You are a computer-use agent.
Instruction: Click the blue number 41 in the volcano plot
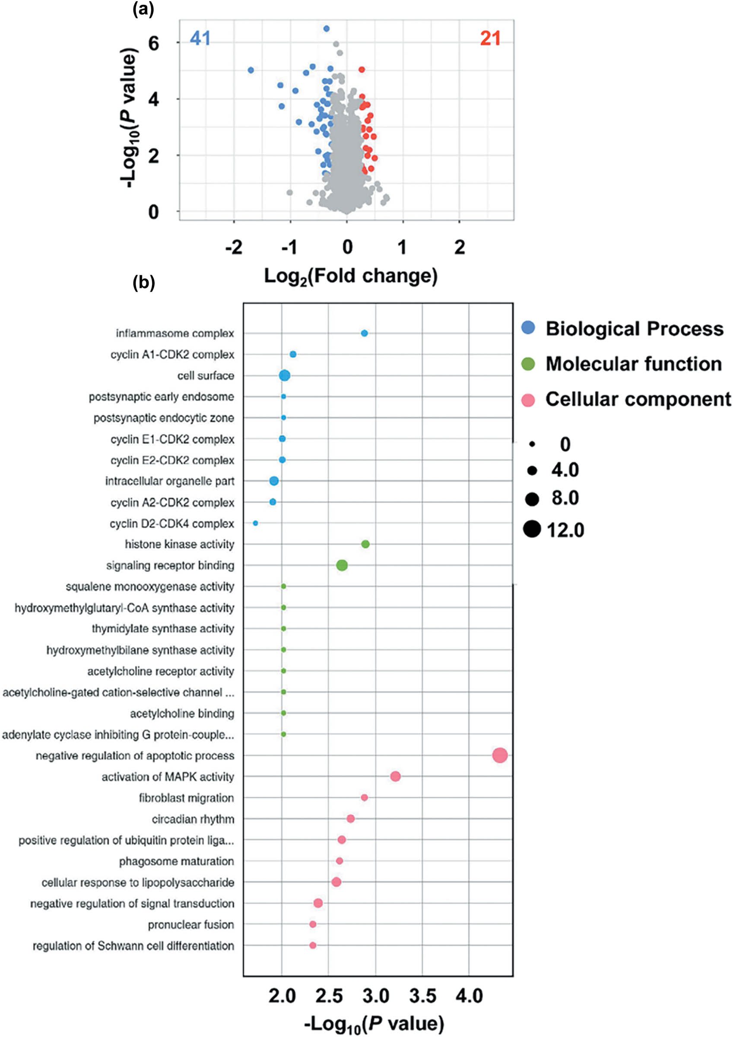pos(200,38)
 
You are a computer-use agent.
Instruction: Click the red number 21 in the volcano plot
pos(490,38)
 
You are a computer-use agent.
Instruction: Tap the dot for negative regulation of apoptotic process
pos(499,755)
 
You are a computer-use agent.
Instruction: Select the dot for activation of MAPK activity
pos(395,776)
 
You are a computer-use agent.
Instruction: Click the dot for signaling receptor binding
pos(342,565)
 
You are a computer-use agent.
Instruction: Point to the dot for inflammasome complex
pos(364,333)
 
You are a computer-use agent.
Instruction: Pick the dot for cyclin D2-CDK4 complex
pos(255,523)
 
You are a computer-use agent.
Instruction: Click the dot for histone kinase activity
pos(365,544)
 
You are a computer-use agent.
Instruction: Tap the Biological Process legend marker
pos(528,328)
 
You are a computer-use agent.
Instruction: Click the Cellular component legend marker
pos(528,400)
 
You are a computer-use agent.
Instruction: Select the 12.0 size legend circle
pos(532,529)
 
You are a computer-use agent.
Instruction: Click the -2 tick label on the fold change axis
pos(234,247)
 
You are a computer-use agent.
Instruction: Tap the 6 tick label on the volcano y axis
pos(154,43)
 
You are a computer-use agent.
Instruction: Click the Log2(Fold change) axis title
pos(350,277)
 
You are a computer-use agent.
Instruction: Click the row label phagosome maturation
pos(176,861)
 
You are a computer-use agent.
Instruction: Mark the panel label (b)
pos(143,283)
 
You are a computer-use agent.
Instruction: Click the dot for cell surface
pos(285,375)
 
